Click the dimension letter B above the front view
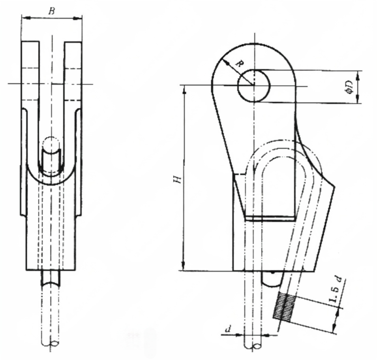pyautogui.click(x=52, y=11)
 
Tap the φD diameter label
pyautogui.click(x=348, y=87)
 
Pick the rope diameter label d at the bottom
pyautogui.click(x=228, y=328)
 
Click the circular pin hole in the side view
pyautogui.click(x=254, y=85)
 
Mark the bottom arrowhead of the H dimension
pyautogui.click(x=184, y=267)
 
